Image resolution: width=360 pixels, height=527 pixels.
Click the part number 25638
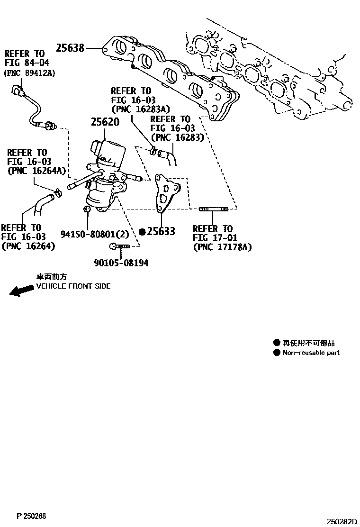coord(70,48)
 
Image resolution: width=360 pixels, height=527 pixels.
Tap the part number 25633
coord(161,231)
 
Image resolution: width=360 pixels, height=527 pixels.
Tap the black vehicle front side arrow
coord(22,291)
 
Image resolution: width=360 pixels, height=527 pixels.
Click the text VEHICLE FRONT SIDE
coord(73,286)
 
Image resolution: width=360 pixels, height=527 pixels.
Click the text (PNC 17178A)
coord(222,247)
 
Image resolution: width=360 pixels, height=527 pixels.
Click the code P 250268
coord(31,516)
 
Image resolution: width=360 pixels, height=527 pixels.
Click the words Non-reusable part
coord(311,353)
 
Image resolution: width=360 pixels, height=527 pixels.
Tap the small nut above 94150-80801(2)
coord(87,209)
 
